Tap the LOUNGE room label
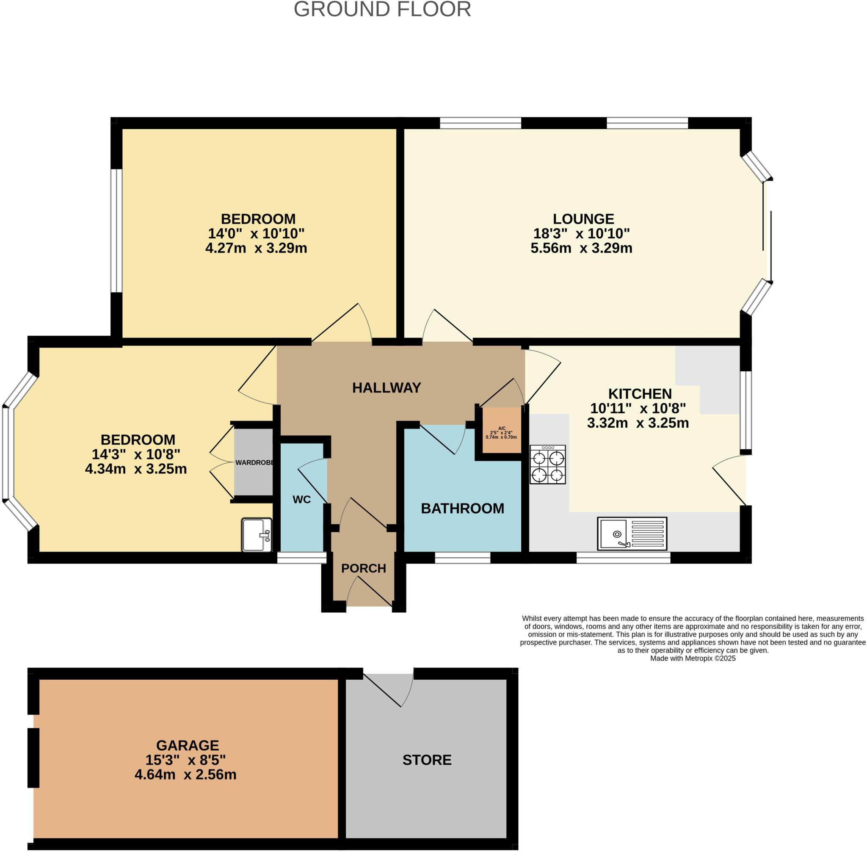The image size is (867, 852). tap(583, 219)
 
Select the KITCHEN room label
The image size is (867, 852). tap(639, 394)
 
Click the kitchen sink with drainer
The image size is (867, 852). tap(632, 534)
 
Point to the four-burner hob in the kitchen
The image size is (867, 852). tap(547, 465)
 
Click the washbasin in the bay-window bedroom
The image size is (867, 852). tap(257, 535)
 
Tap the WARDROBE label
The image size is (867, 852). tap(254, 463)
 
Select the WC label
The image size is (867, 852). tap(301, 499)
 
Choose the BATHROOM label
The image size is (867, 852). tap(462, 508)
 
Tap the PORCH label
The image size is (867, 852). tap(363, 568)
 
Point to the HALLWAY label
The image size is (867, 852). tap(387, 387)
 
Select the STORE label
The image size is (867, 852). tap(426, 760)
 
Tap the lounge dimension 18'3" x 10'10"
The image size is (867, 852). tap(581, 234)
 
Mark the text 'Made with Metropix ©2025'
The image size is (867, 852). tap(693, 658)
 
